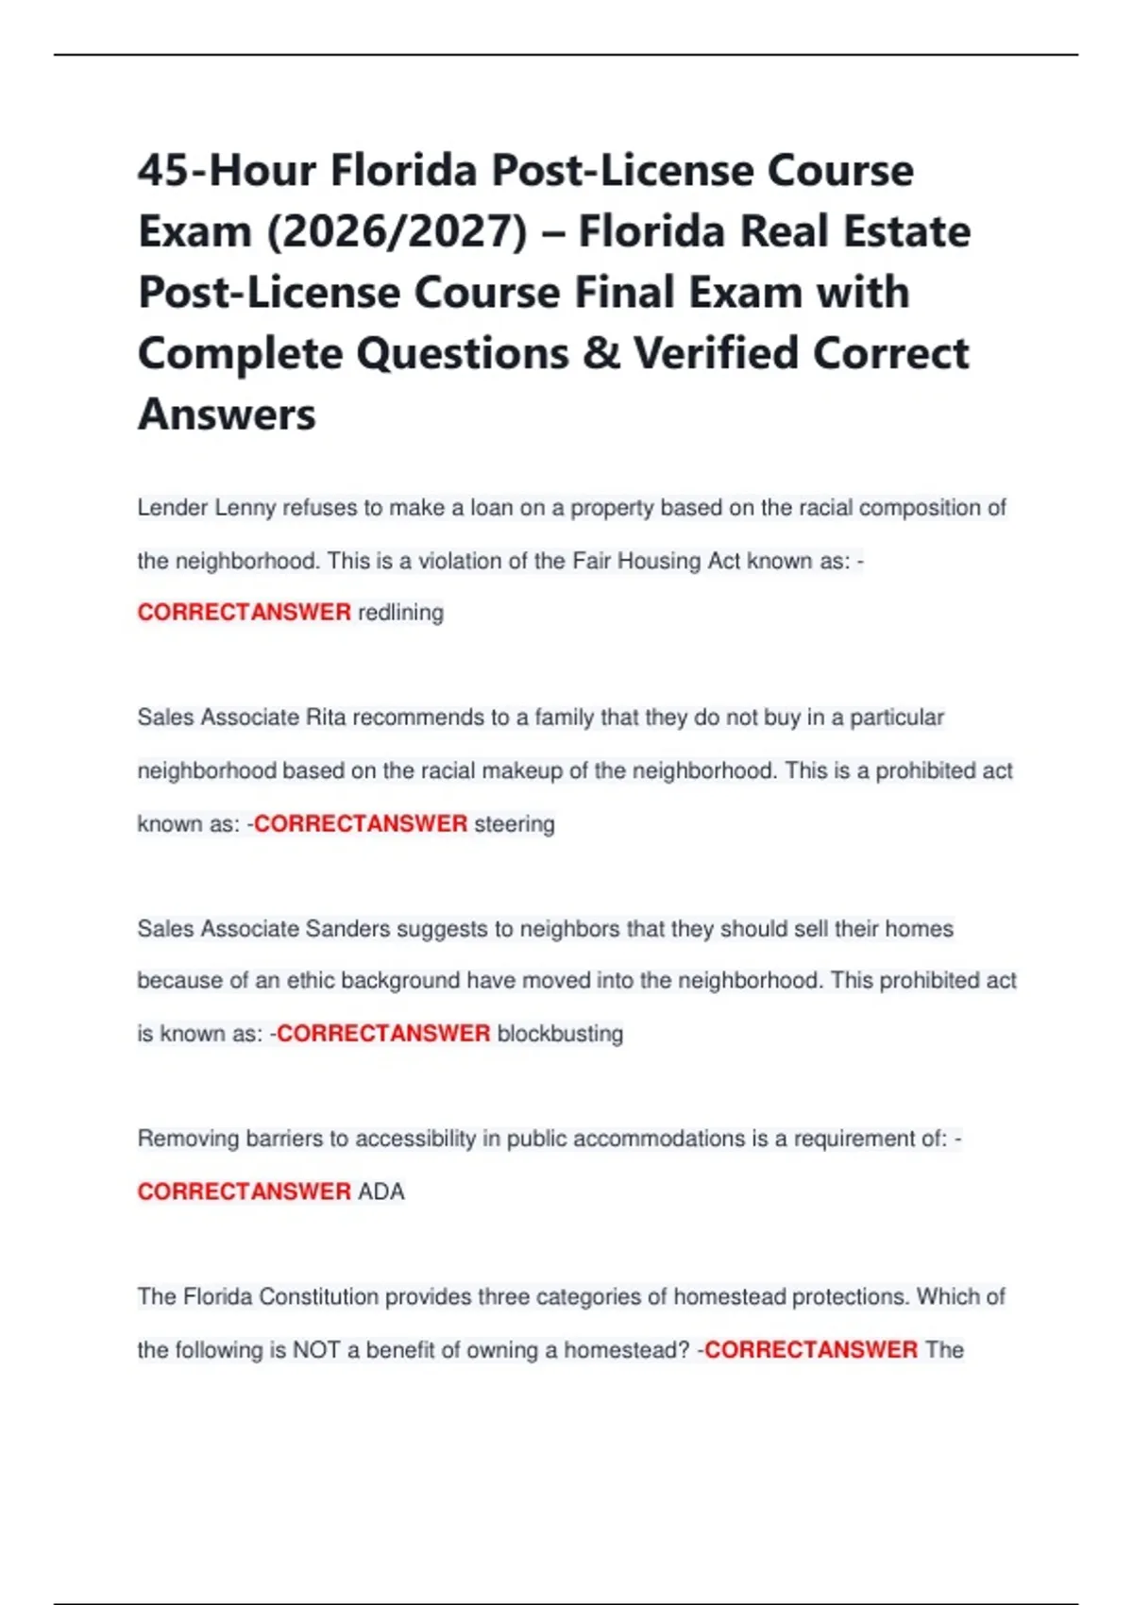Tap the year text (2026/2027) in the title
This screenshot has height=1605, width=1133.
[x=397, y=232]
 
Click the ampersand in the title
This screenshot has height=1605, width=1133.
[x=600, y=354]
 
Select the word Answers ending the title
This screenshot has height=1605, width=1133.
[x=227, y=414]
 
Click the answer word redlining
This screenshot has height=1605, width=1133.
[x=400, y=613]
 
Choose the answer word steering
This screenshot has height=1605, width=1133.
[x=514, y=824]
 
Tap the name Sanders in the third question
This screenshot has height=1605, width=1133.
[x=347, y=929]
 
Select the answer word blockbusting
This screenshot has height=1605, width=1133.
[x=560, y=1034]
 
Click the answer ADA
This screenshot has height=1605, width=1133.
[x=381, y=1191]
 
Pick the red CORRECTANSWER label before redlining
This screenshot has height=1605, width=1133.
[x=245, y=613]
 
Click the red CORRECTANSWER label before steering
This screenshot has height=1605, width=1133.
[x=361, y=824]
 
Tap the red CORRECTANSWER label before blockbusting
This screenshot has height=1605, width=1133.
[x=383, y=1034]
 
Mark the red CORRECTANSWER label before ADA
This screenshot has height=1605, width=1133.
[x=245, y=1191]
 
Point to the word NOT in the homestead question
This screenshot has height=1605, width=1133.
[x=316, y=1350]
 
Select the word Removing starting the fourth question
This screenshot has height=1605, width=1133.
[x=188, y=1139]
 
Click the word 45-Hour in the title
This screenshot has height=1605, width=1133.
[x=227, y=171]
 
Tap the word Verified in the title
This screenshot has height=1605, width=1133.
[x=715, y=354]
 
